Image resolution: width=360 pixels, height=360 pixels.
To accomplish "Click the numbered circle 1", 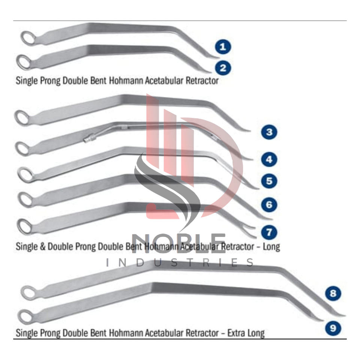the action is (x=223, y=47).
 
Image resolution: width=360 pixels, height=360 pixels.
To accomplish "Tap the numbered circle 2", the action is (x=223, y=68).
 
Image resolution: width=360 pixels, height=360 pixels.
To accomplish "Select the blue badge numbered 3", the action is (x=269, y=132).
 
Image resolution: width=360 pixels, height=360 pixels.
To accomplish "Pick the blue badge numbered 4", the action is (x=269, y=160).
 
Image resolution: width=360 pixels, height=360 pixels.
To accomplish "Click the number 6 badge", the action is (x=269, y=205).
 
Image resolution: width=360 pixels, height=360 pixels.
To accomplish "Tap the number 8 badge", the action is (x=333, y=293).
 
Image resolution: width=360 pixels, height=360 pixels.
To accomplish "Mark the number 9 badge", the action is (x=333, y=328).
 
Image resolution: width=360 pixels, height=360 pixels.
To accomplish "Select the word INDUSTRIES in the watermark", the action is (x=179, y=262).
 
